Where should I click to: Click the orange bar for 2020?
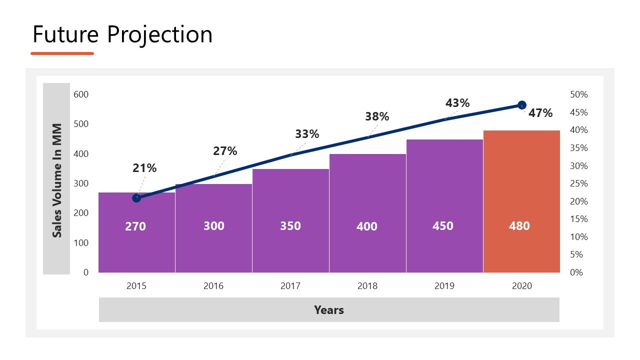coord(521,200)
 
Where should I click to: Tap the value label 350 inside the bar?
coord(290,226)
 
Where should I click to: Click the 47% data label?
coord(540,113)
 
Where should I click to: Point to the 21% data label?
coord(144,168)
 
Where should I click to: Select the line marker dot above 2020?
coord(522,105)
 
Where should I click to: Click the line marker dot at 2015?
coord(136,198)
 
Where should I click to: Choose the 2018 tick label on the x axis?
coord(367,286)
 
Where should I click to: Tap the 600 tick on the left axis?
coord(81,94)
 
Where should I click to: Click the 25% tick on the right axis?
coord(579,183)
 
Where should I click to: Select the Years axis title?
coord(329,310)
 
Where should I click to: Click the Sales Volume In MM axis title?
coord(57,180)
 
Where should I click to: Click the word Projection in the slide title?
coord(159,34)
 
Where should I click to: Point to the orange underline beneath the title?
coord(62,53)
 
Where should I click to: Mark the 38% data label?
coord(377,116)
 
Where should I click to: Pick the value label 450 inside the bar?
coord(443,226)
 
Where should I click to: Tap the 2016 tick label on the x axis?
coord(213,286)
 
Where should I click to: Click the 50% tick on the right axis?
coord(579,94)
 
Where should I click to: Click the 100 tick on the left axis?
coord(81,243)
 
